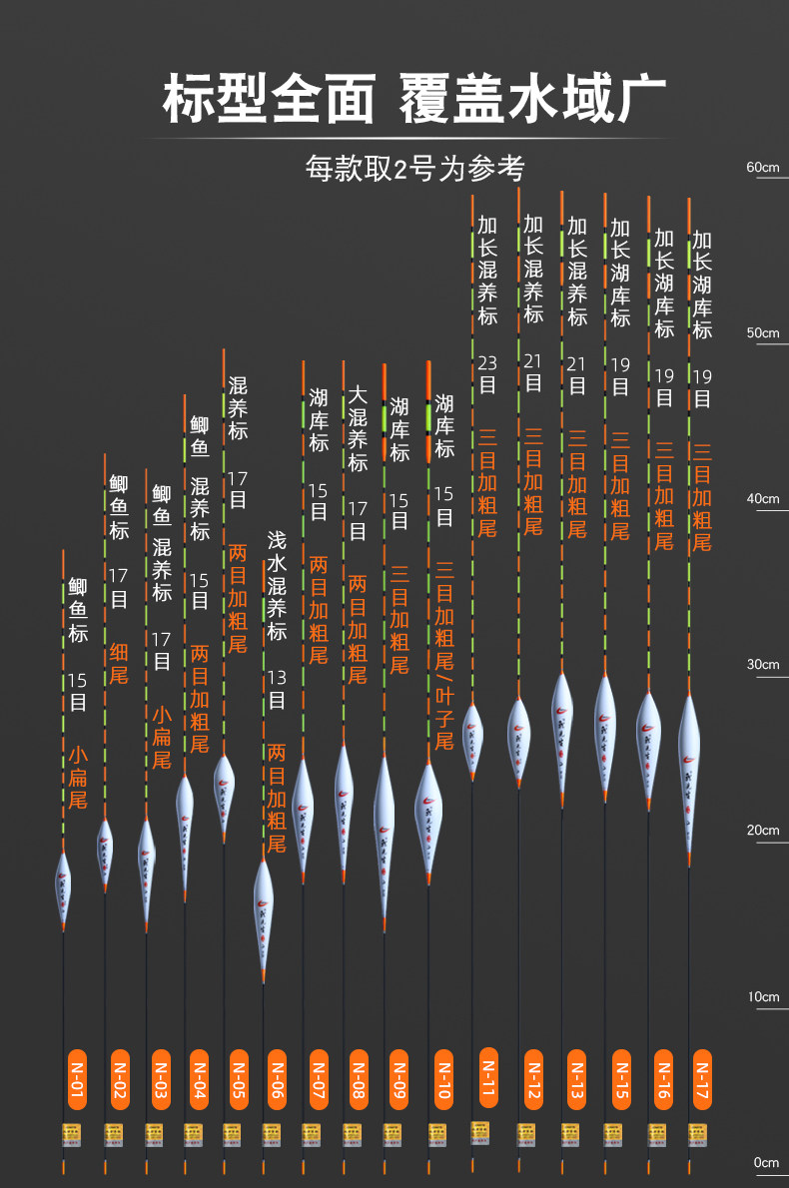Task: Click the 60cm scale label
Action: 762,167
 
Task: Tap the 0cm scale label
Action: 765,1162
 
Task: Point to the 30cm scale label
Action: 762,664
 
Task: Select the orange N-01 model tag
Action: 75,1078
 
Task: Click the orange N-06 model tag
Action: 278,1078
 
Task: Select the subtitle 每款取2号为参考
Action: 414,168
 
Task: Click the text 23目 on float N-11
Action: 487,373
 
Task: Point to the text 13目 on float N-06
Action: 277,689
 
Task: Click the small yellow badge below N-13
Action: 570,1132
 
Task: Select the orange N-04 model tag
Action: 198,1078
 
